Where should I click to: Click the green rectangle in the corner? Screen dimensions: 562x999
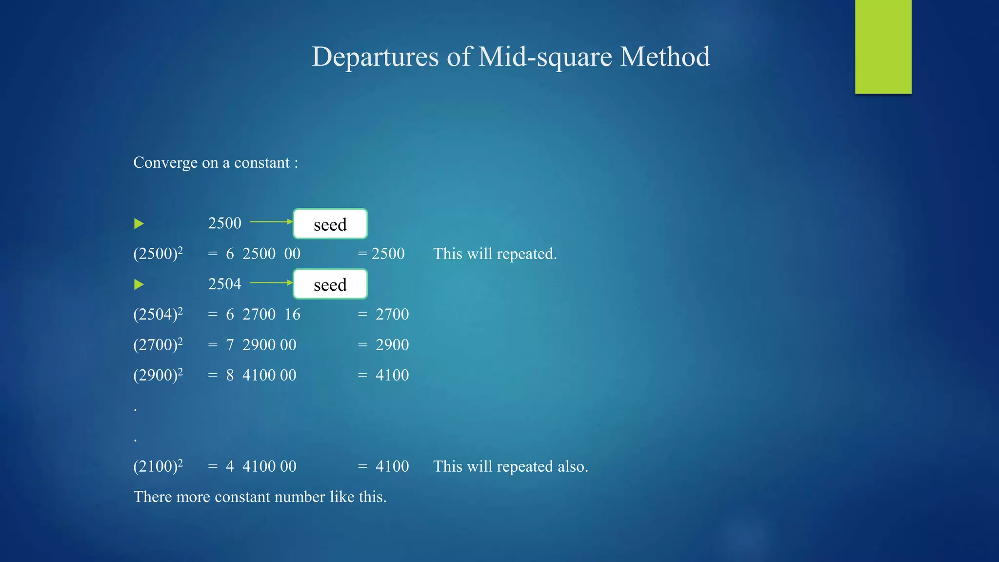(x=883, y=46)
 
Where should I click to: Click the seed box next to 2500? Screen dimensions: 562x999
(x=330, y=224)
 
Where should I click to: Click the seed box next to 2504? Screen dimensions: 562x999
(x=330, y=284)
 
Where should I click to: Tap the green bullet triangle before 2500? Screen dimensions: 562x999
(x=139, y=224)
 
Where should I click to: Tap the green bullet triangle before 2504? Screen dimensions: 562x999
(x=139, y=284)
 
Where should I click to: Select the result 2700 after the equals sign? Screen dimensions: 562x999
(x=392, y=314)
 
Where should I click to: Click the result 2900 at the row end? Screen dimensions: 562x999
(x=392, y=345)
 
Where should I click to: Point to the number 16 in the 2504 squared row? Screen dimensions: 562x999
(x=293, y=314)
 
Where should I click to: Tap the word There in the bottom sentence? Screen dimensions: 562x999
(x=153, y=497)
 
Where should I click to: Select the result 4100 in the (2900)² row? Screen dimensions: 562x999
(x=392, y=375)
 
